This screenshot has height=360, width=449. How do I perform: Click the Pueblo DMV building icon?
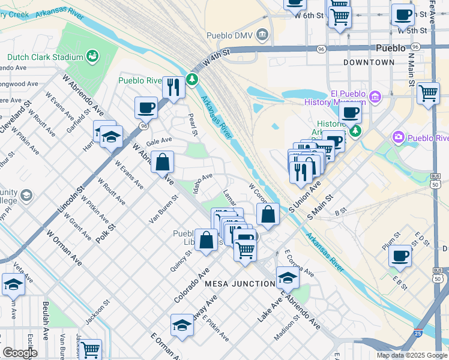coord(262,35)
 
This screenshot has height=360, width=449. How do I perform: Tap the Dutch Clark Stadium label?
coord(45,58)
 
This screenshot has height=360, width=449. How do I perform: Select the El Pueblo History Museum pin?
coord(375,96)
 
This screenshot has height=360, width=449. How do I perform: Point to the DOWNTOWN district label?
coord(369,62)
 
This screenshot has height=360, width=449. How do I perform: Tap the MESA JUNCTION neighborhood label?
coord(240,283)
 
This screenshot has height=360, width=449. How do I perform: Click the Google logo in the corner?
coord(19,353)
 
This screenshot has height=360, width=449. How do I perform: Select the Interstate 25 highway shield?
coord(417,331)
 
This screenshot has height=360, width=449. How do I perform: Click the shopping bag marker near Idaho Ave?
coord(163,162)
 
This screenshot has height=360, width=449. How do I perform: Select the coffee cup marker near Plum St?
coord(399,256)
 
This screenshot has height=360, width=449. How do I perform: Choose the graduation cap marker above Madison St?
coord(288,278)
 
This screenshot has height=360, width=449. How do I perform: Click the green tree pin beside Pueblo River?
coord(192,79)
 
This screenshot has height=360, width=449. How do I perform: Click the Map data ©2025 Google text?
coord(412,355)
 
